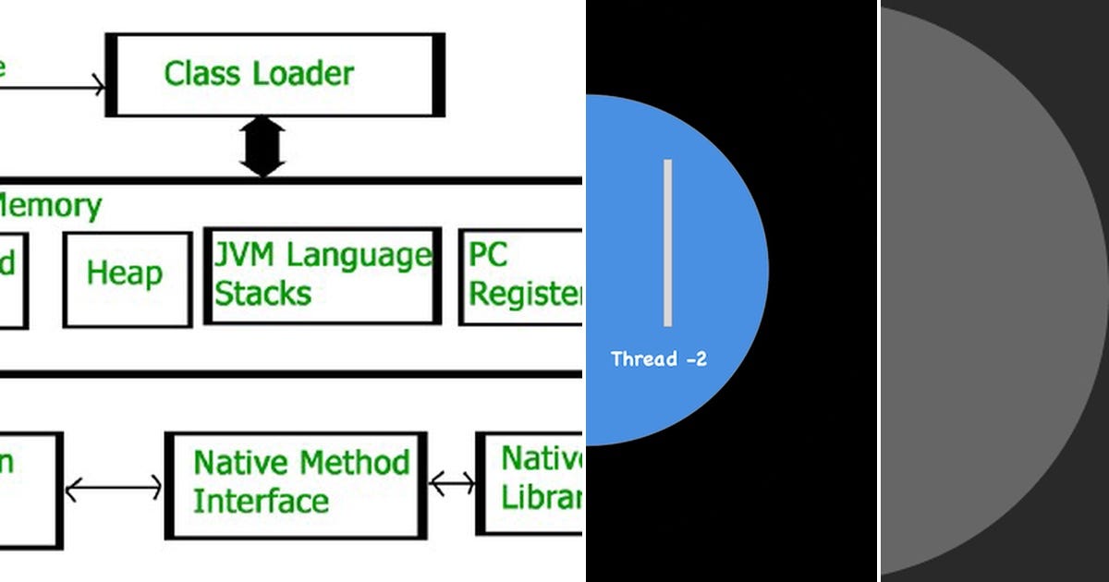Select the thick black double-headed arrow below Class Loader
[x=263, y=147]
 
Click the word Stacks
[x=262, y=295]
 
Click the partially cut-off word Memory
[x=50, y=205]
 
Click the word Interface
[x=261, y=502]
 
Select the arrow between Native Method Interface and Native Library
[x=452, y=482]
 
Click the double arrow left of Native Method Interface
[x=113, y=487]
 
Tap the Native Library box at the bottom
[x=531, y=480]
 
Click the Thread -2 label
[x=659, y=359]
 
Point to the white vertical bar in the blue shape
[x=667, y=243]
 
